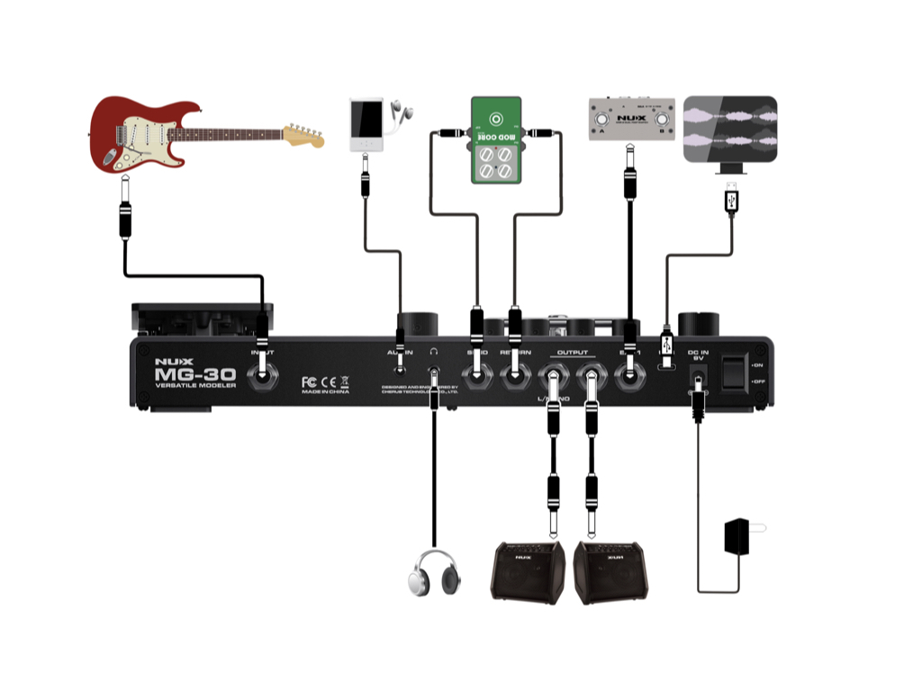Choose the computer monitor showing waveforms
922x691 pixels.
click(729, 129)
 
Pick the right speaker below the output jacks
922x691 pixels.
click(610, 570)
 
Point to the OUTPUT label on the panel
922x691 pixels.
click(572, 353)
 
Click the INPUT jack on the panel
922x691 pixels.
click(262, 377)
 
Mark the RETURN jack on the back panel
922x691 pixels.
click(514, 377)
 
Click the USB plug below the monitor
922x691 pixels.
click(730, 199)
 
